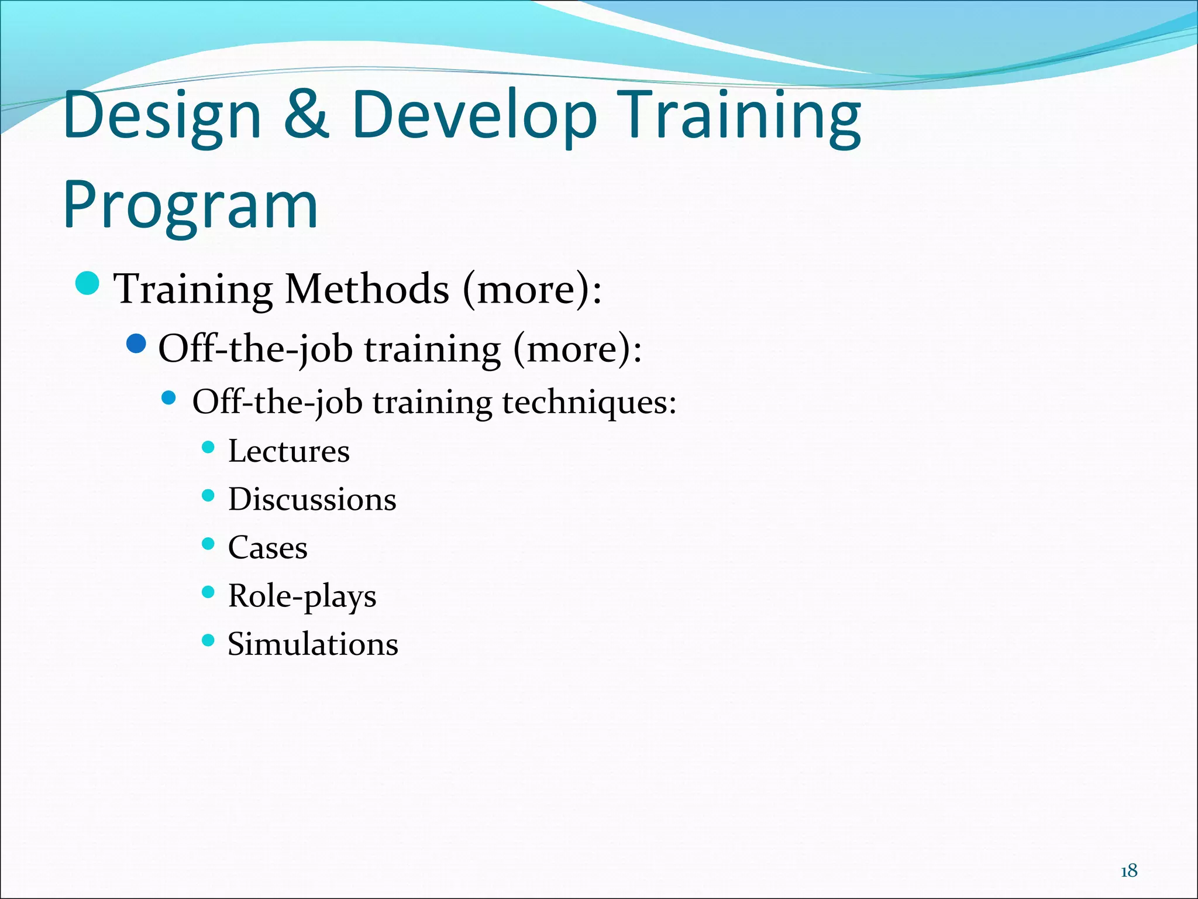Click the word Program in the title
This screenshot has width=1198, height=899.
click(190, 205)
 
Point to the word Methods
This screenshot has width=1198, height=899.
click(366, 289)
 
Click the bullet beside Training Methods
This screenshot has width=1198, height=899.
click(88, 284)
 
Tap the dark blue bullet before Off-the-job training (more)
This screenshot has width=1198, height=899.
click(136, 344)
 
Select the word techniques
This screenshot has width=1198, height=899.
click(589, 403)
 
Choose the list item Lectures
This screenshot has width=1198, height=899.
click(288, 451)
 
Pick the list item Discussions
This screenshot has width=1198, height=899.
click(312, 499)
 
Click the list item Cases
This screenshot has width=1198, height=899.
click(267, 548)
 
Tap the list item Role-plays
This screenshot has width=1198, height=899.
click(302, 596)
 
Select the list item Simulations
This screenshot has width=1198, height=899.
click(312, 644)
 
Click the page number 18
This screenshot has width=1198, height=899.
click(1128, 871)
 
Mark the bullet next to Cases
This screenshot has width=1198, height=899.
click(208, 544)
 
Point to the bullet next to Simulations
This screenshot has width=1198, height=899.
click(208, 640)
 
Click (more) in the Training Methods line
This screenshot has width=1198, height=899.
click(531, 289)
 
